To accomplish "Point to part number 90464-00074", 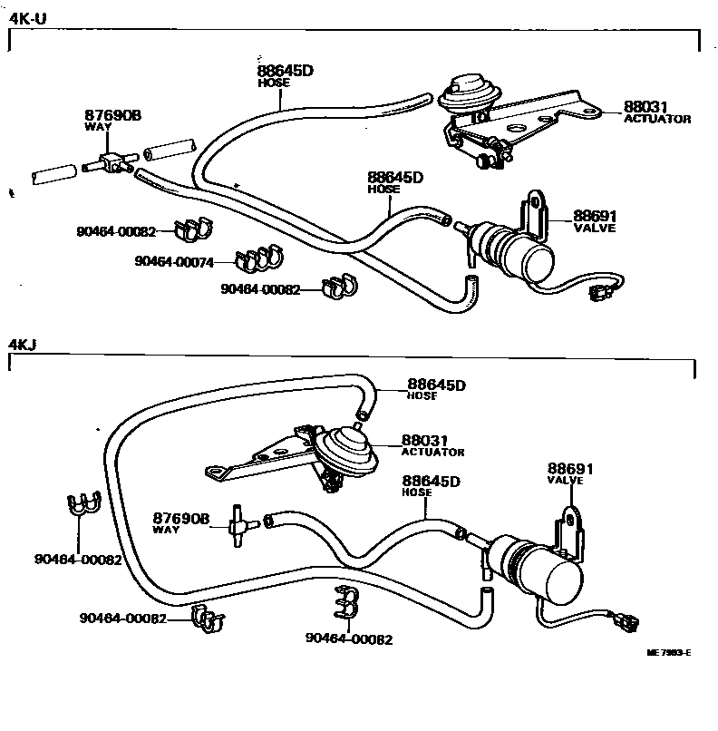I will point(174,261).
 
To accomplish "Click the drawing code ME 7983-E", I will point(668,652).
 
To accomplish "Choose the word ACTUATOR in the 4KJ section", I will point(432,452).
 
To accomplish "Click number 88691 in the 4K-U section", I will point(594,216).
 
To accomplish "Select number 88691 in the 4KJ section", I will point(569,469).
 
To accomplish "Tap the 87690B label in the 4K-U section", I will point(114,115).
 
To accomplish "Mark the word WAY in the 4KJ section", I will point(166,530).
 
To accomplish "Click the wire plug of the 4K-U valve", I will point(598,292).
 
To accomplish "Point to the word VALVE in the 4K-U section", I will point(595,229).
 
